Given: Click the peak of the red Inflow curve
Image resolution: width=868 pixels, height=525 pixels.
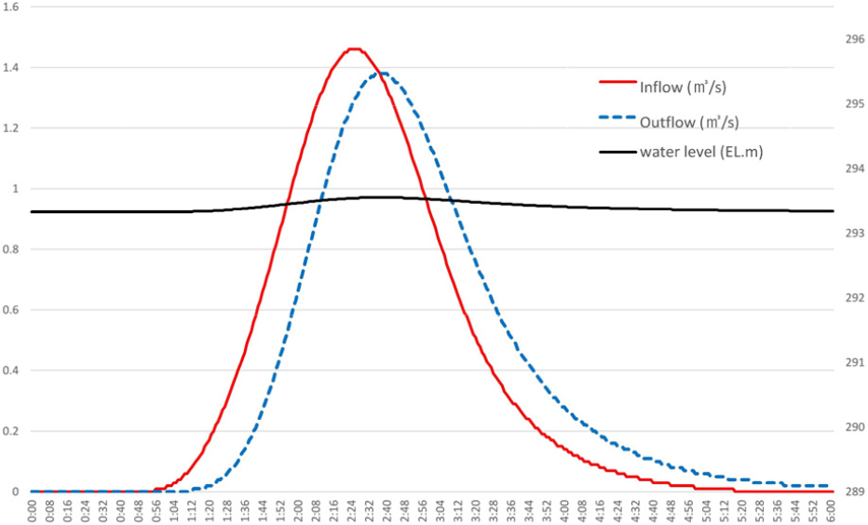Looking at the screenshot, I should pos(354,49).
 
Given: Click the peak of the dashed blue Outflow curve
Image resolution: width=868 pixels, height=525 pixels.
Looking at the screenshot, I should pos(382,74).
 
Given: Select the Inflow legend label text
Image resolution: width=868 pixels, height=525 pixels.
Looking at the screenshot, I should pos(683,87).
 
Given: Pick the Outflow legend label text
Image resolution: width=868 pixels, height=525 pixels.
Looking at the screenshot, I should pos(689,121).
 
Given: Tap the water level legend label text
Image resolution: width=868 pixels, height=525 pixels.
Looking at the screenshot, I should pos(701,152).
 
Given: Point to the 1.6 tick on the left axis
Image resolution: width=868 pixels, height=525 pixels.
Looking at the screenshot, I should pos(15,7).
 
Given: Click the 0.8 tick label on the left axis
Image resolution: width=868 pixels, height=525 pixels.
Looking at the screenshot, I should pos(15,249).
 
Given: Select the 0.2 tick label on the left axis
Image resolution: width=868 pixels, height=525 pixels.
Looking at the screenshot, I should pos(15,431).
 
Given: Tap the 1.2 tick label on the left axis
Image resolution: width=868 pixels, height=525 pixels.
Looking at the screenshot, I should pos(15,128).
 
